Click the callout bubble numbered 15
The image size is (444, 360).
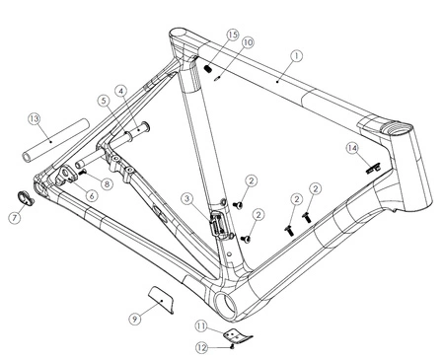point(233,35)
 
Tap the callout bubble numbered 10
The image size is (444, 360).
point(248,42)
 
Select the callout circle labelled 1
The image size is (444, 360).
point(297,56)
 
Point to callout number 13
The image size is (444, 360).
point(35,119)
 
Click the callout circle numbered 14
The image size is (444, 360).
point(352,148)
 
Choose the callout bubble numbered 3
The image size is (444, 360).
point(187,199)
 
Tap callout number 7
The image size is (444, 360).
point(15,218)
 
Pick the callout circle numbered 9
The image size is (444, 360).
point(135,319)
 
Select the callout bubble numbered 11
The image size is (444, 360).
point(201,326)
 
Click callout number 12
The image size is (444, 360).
point(202,347)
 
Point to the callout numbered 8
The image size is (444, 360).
point(107,183)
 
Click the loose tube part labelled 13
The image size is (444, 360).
point(56,140)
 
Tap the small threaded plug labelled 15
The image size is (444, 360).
point(207,68)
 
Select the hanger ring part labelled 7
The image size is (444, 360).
point(26,198)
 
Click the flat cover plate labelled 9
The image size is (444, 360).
point(161,299)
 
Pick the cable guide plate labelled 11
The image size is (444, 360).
point(238,336)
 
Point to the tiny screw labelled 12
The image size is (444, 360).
point(232,346)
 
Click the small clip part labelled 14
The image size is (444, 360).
point(373,169)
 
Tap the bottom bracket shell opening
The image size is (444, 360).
point(227,305)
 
